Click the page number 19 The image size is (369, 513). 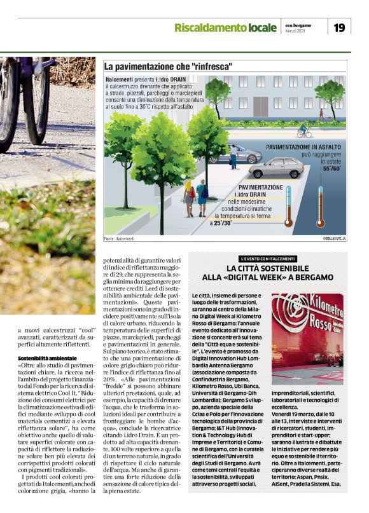339,27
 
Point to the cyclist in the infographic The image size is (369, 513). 303,131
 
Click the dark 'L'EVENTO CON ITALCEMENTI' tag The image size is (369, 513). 268,259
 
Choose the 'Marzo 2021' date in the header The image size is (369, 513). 295,31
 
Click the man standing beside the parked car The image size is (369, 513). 234,156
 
